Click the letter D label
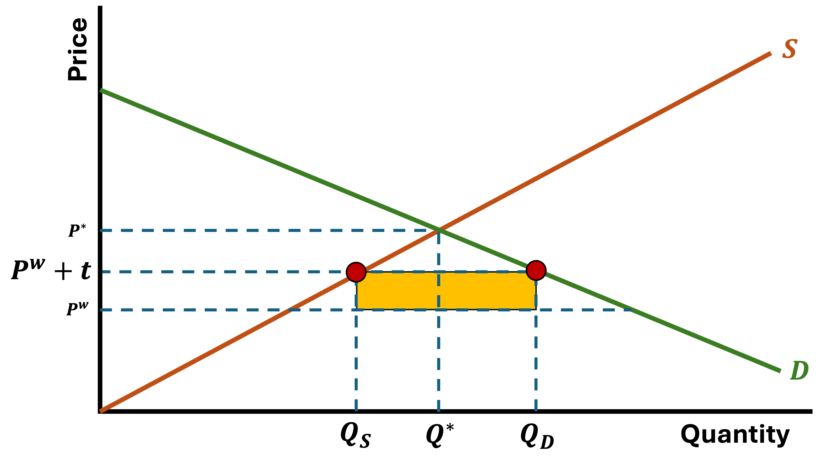(799, 371)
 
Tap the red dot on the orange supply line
(356, 272)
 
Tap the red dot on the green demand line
(536, 270)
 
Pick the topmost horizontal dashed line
(257, 230)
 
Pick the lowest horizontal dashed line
(193, 310)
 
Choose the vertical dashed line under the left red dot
(356, 360)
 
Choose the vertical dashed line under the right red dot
(536, 360)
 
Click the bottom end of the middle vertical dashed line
(439, 411)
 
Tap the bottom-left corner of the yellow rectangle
(357, 309)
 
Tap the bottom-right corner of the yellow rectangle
(535, 309)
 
